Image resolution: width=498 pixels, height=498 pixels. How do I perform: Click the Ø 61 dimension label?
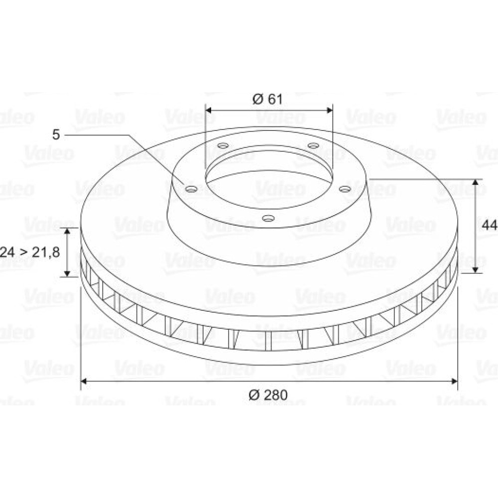[x=267, y=99]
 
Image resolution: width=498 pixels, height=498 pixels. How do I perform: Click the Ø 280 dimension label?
[x=268, y=395]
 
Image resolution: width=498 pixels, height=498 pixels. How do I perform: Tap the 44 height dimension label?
[x=490, y=225]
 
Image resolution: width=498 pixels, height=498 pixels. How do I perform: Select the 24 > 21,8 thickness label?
[x=29, y=244]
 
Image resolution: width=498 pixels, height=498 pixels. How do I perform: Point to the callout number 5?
[x=56, y=134]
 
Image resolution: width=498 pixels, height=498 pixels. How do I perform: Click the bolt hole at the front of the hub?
[x=268, y=218]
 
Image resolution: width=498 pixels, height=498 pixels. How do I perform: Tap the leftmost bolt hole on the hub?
[x=192, y=190]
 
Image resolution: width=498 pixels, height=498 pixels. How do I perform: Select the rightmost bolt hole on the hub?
[x=345, y=189]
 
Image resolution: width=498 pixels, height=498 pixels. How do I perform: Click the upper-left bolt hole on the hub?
[x=223, y=146]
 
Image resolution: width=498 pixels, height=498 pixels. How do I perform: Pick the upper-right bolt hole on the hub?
[x=313, y=145]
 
